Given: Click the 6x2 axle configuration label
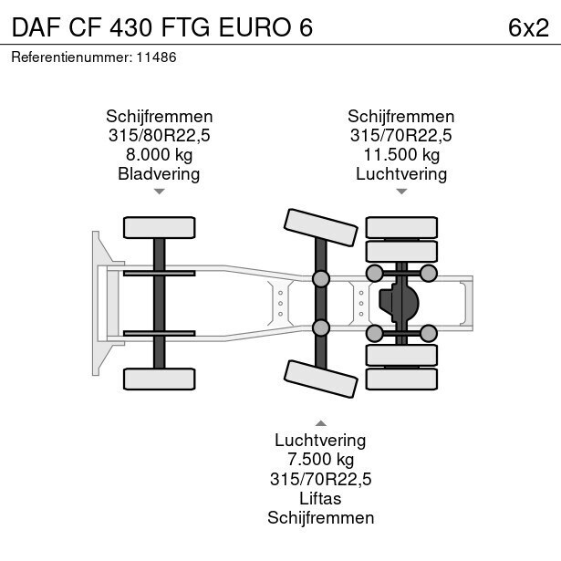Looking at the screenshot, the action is pos(528,27).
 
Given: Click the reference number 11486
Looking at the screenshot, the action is pos(156,57).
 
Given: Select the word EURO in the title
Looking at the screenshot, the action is pos(254,27).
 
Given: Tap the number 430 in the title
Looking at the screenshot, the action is pos(131,27).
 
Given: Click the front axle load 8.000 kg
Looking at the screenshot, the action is pos(160,154).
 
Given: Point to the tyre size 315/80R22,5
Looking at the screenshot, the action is pos(160,135).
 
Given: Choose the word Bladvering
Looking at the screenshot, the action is pos(159,174).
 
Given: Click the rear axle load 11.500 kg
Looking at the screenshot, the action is pos(401,154).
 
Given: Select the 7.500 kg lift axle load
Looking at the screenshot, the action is pos(320,460).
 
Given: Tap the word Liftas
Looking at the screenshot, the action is pos(320,498).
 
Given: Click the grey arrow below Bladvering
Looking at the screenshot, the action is pos(160,192).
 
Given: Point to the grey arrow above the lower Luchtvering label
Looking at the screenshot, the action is pos(321,423).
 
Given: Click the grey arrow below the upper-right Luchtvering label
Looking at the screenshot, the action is pos(401,192).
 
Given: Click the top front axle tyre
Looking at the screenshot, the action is pos(160,227).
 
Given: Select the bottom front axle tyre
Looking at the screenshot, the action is pos(160,379).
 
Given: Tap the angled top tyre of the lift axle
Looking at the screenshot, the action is pos(321,227).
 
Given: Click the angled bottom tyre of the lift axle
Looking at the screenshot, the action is pos(321,379).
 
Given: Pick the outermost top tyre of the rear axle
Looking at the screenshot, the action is pos(401,227).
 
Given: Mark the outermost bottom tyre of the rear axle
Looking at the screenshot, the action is pos(401,379).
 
